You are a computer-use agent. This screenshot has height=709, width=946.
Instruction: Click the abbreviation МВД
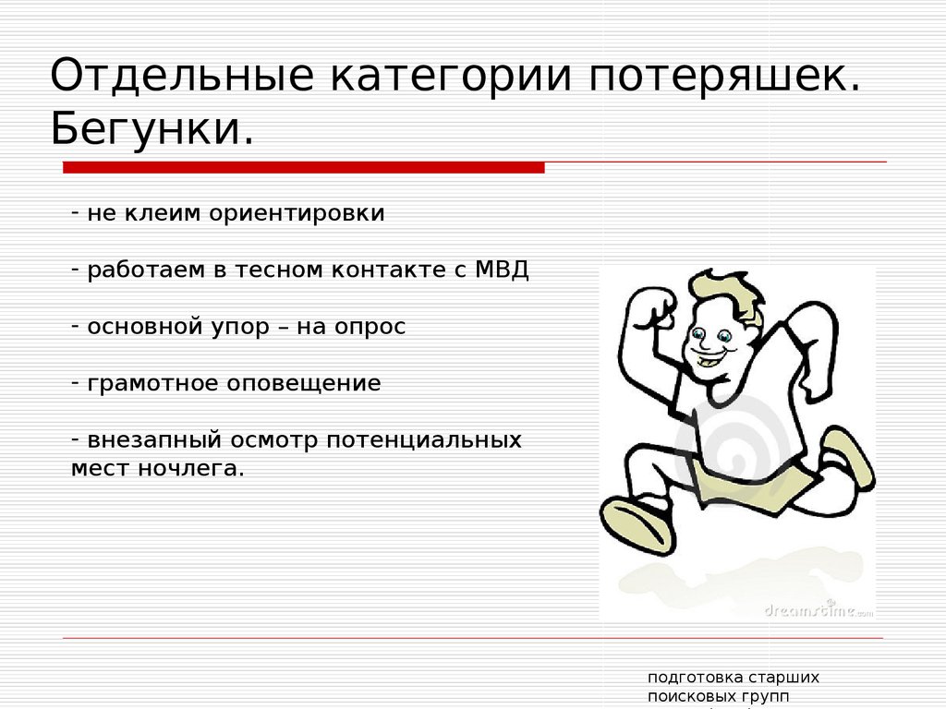pos(502,270)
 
